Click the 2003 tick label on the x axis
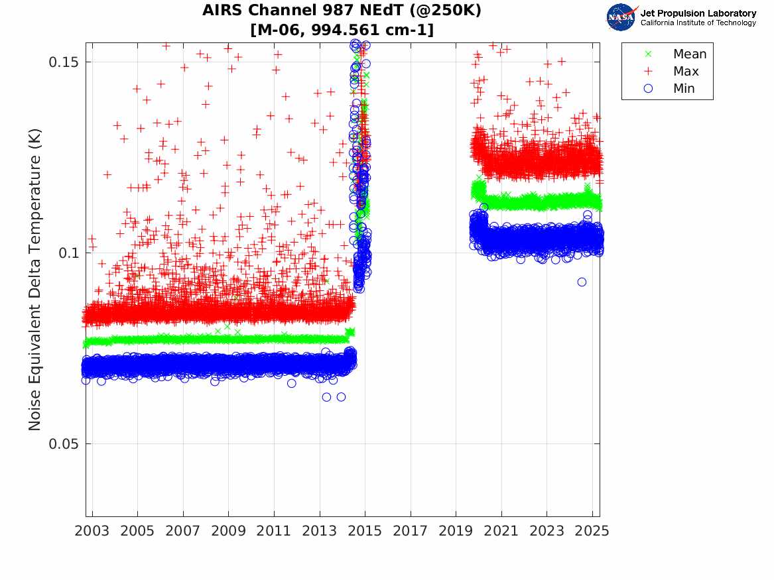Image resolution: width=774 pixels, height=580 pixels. point(92,531)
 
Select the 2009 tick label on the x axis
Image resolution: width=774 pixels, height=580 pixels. point(229,531)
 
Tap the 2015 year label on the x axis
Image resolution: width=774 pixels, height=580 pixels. point(365,531)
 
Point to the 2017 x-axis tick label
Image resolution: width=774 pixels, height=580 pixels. point(411,531)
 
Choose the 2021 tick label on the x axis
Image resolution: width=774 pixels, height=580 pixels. point(501,531)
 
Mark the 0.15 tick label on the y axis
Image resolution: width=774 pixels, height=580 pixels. point(62,62)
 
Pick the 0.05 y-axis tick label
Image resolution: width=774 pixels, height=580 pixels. point(62,443)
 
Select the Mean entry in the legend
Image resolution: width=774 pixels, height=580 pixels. point(690,54)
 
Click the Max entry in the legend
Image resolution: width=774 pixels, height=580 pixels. point(686,72)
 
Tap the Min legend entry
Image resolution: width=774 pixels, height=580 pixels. point(684,89)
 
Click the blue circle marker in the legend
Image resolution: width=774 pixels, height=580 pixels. point(649,89)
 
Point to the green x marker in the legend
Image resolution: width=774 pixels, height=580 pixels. point(649,54)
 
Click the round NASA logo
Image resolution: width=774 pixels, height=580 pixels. point(621,17)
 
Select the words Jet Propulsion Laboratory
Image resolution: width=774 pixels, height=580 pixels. point(698,13)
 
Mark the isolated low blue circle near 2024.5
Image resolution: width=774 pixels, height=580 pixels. point(582,282)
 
